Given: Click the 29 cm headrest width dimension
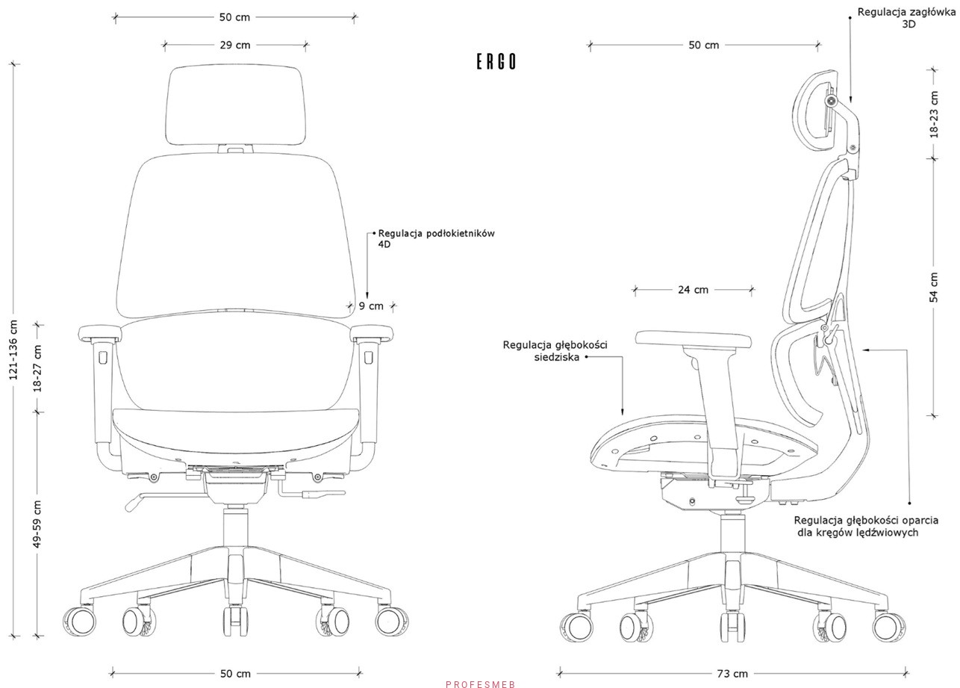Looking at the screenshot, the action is pos(235,45).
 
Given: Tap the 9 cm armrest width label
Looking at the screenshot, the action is pos(371,306).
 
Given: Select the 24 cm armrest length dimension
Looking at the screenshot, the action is pos(693,290).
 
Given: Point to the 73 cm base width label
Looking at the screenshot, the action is pos(732,674).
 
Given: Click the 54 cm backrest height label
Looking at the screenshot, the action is pos(934,288).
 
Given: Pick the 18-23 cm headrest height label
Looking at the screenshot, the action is pos(935,114).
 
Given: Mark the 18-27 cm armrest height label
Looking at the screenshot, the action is pos(38,368).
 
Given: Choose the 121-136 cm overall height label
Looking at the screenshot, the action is pos(13,350).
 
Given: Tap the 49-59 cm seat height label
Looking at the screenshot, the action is pos(38,524).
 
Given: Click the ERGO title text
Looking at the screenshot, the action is pos(496,62).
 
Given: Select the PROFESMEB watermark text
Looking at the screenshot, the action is pos(481,684).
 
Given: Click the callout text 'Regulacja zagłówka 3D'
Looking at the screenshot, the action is pos(906,18).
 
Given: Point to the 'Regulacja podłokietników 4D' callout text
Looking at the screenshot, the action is pos(436,239).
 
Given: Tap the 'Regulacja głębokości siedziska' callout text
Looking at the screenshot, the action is pos(555,351).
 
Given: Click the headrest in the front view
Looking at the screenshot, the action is pos(236,105).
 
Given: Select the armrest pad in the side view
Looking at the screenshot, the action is pos(693,339).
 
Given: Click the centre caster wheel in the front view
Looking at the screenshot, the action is pos(235,620).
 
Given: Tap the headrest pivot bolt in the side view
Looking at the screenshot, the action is pos(832,101).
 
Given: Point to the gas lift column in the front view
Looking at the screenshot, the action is pos(236,530).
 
